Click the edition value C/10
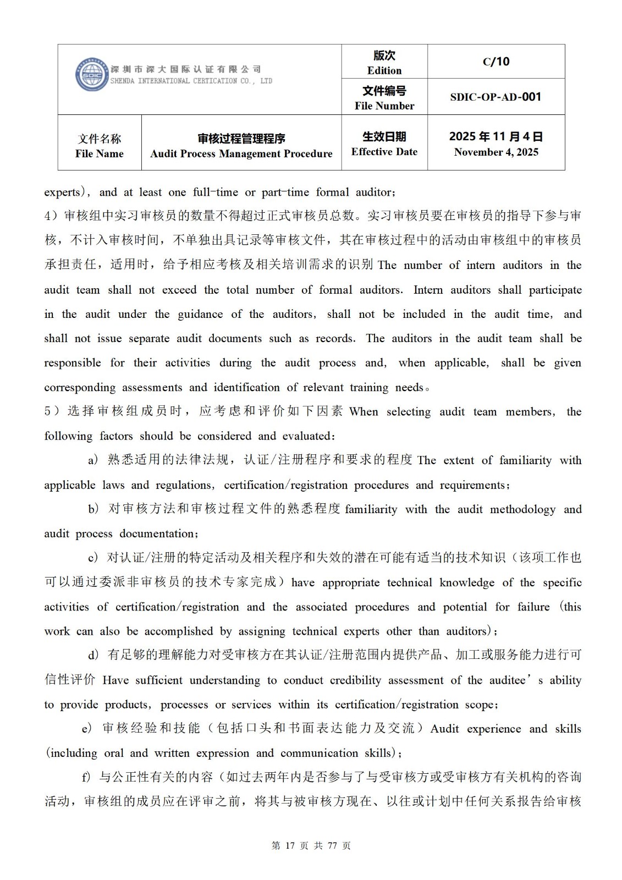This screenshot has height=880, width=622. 496,62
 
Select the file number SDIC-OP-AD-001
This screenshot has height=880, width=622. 496,97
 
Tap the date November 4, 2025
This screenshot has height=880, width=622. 496,152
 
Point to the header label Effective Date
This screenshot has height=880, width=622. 384,152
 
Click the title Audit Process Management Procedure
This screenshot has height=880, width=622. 241,153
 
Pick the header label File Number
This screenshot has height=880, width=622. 384,106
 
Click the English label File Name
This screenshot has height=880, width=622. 100,153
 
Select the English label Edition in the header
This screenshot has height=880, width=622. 384,70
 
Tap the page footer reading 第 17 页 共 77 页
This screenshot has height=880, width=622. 311,845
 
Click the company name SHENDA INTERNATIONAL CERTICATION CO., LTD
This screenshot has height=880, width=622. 191,81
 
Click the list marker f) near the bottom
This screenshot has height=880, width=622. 86,777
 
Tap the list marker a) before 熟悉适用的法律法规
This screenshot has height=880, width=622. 93,460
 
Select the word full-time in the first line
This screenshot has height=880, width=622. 215,192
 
